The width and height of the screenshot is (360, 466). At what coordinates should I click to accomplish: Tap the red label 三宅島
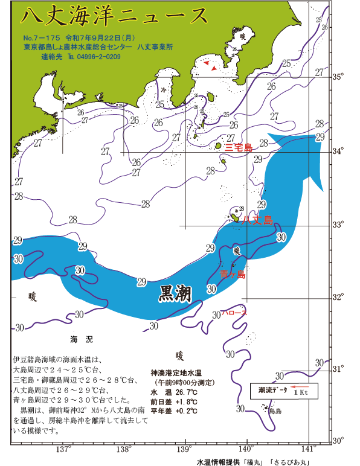(x=238, y=147)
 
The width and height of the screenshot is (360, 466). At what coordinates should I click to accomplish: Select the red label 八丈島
(x=257, y=220)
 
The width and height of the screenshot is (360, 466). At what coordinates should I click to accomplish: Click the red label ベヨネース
(x=234, y=313)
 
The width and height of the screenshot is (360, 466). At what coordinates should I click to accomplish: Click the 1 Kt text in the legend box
(x=300, y=393)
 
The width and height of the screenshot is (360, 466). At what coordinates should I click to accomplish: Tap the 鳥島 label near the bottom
(x=275, y=411)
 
